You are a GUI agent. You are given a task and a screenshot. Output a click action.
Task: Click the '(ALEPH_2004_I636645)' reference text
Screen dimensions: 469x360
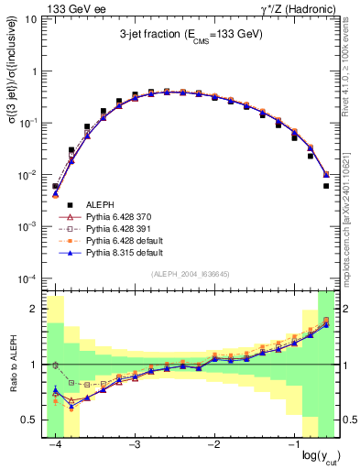point(190,275)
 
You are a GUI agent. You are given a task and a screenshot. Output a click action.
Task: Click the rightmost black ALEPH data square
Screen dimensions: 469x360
point(326,185)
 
